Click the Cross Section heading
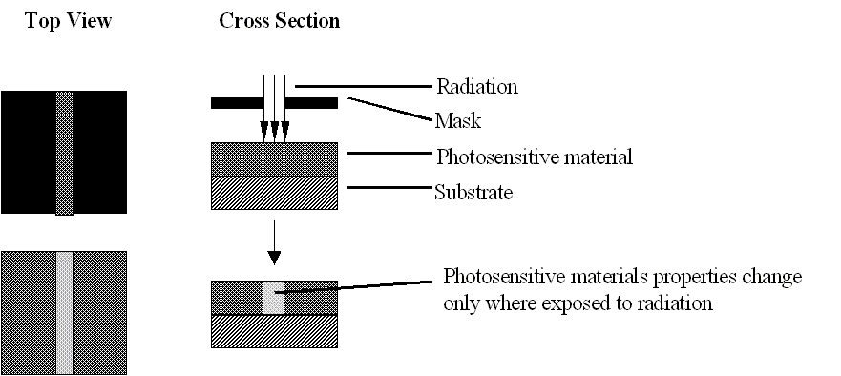click(279, 21)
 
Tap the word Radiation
click(476, 87)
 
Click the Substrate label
click(474, 193)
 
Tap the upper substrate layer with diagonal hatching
click(273, 193)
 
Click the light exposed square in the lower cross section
click(274, 297)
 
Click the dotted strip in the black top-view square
click(64, 153)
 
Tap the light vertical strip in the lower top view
click(64, 312)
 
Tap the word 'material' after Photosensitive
click(593, 156)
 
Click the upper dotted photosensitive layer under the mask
click(273, 157)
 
